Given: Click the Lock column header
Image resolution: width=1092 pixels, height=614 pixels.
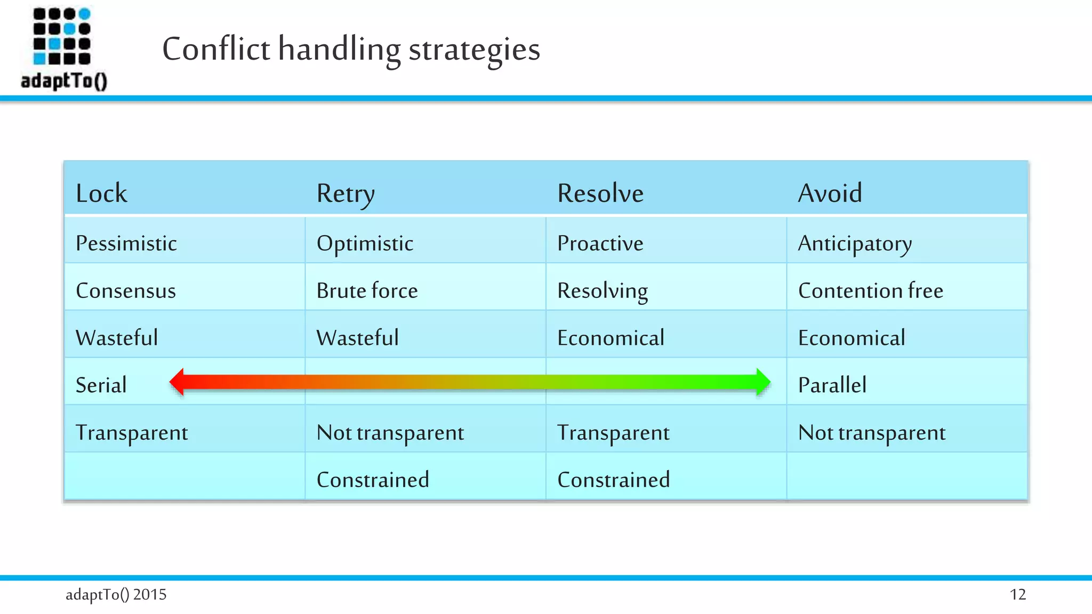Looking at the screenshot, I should pyautogui.click(x=101, y=193).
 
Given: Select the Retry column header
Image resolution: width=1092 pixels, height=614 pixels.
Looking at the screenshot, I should pyautogui.click(x=346, y=193).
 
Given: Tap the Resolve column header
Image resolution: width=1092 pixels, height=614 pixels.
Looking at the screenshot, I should pyautogui.click(x=600, y=193).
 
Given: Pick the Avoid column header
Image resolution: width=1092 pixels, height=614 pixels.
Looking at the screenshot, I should pyautogui.click(x=830, y=193).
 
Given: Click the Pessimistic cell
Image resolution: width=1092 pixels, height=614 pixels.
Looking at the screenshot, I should pyautogui.click(x=126, y=243).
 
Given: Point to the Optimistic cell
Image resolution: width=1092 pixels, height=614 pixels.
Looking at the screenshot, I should pyautogui.click(x=365, y=244).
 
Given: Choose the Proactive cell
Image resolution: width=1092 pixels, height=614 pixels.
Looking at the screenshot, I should pyautogui.click(x=600, y=243).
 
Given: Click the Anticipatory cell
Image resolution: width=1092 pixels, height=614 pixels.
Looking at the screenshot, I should pyautogui.click(x=855, y=244).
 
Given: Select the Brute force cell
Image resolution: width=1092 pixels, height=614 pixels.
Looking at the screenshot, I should pyautogui.click(x=367, y=290).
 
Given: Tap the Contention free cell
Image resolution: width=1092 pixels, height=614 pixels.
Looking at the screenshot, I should pyautogui.click(x=870, y=290).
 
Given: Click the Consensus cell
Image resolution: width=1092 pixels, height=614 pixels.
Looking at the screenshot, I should pyautogui.click(x=126, y=290).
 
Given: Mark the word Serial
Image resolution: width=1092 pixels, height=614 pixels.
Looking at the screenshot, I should pyautogui.click(x=101, y=385).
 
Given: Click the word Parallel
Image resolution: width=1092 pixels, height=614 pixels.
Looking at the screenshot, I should pyautogui.click(x=832, y=385).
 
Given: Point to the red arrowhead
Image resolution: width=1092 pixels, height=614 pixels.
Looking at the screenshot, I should pyautogui.click(x=178, y=382).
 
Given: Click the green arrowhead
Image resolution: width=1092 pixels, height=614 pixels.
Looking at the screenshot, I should pyautogui.click(x=763, y=382).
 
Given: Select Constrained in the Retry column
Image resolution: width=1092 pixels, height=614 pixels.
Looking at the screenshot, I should pyautogui.click(x=373, y=480).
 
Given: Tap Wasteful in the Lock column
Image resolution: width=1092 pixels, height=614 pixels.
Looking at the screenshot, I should pyautogui.click(x=117, y=337).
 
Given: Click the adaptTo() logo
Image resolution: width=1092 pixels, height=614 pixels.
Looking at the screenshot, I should pyautogui.click(x=63, y=48).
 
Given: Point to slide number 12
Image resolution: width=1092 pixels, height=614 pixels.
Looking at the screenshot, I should pyautogui.click(x=1017, y=594).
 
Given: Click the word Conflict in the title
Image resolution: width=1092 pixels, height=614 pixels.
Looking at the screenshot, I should pyautogui.click(x=216, y=49).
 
